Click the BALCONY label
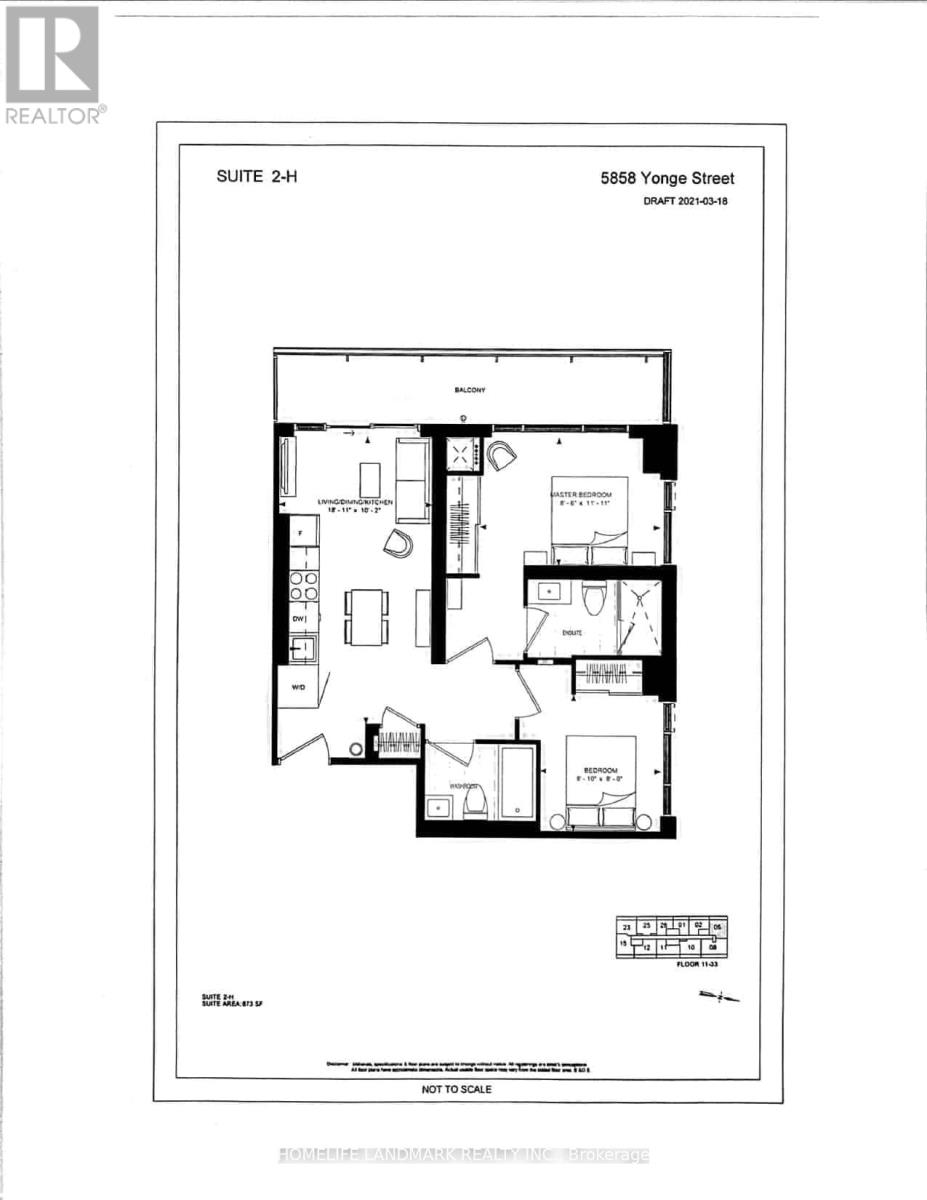[465, 390]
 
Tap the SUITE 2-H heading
[258, 178]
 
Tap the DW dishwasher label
[298, 620]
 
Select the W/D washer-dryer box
[298, 688]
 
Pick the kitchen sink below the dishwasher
[303, 648]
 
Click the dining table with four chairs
[366, 616]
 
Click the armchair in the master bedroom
[501, 456]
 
